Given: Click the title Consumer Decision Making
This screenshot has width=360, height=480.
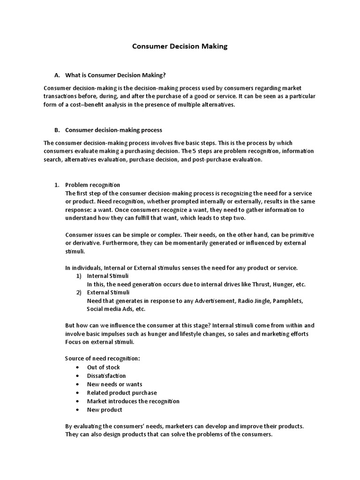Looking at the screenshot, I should point(180,46).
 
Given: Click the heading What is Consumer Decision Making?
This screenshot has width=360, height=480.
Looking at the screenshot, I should point(115,75).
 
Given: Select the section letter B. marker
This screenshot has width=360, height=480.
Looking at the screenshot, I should point(57,130).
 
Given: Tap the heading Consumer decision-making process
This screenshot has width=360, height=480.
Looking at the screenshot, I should point(113,130).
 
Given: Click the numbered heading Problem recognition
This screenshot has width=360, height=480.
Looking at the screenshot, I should point(92,185).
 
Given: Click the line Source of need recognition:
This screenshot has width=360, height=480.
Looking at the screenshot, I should point(102,359).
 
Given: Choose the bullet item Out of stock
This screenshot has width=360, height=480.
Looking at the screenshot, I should point(103,367).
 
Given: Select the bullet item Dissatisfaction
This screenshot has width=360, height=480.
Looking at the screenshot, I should point(106,376).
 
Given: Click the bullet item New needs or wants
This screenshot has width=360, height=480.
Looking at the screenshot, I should point(114,384).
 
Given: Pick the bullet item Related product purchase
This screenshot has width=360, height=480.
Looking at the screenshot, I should point(122,393).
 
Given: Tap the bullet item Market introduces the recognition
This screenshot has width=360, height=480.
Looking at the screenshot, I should point(133,401).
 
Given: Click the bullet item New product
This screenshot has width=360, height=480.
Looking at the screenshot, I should point(105,410).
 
